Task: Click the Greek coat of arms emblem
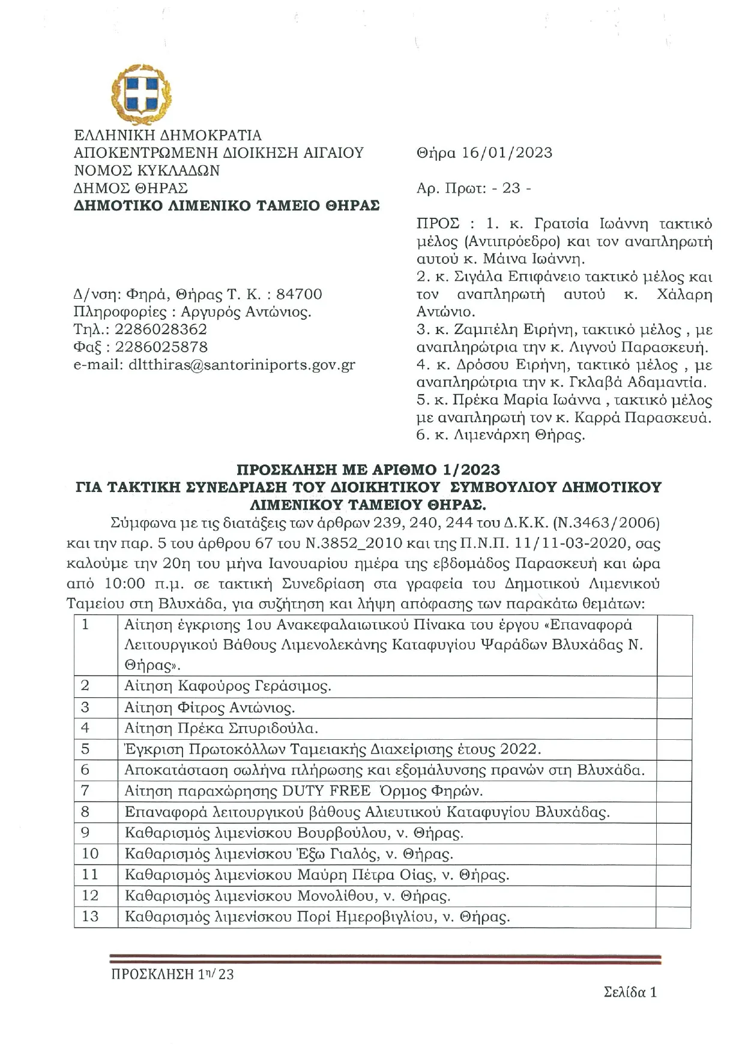tap(142, 95)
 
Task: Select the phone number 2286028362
tap(161, 329)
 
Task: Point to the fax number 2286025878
tap(161, 347)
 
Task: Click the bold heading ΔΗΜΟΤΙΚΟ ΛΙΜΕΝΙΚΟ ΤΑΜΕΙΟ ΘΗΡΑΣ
tap(226, 206)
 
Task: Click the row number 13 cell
tap(90, 917)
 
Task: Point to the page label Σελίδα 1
tap(630, 992)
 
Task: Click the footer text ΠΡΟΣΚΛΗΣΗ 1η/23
tap(172, 974)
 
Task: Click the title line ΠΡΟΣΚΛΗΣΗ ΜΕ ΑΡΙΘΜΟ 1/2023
tap(368, 469)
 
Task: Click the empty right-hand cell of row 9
tap(674, 833)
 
